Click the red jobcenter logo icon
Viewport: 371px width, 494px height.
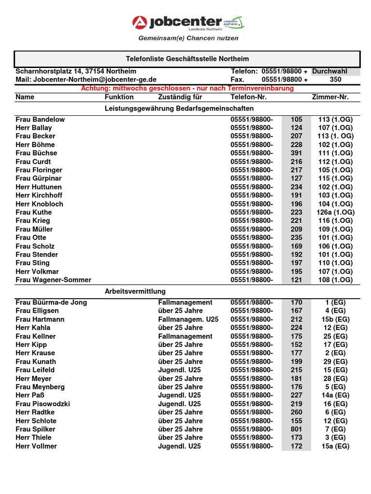click(x=140, y=23)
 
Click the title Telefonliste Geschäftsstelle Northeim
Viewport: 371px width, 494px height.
click(x=187, y=59)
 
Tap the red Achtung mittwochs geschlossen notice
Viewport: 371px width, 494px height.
click(x=187, y=88)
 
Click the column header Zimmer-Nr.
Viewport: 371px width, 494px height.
click(x=330, y=97)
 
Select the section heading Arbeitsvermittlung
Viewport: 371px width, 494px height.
click(x=135, y=291)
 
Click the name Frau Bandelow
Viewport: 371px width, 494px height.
click(x=40, y=119)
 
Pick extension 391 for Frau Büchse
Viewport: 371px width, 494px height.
click(x=296, y=153)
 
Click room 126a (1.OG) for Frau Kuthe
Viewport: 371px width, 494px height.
click(x=335, y=212)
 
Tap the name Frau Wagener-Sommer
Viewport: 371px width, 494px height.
click(x=53, y=280)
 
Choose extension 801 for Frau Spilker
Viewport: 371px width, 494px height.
click(x=296, y=429)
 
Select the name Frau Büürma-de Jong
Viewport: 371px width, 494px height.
click(x=51, y=302)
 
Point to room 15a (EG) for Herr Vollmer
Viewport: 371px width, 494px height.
click(x=335, y=446)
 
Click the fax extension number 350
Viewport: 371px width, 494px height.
click(x=335, y=80)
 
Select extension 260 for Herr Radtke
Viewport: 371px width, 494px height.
click(x=296, y=412)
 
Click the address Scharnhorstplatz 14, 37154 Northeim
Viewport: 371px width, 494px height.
click(x=76, y=71)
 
